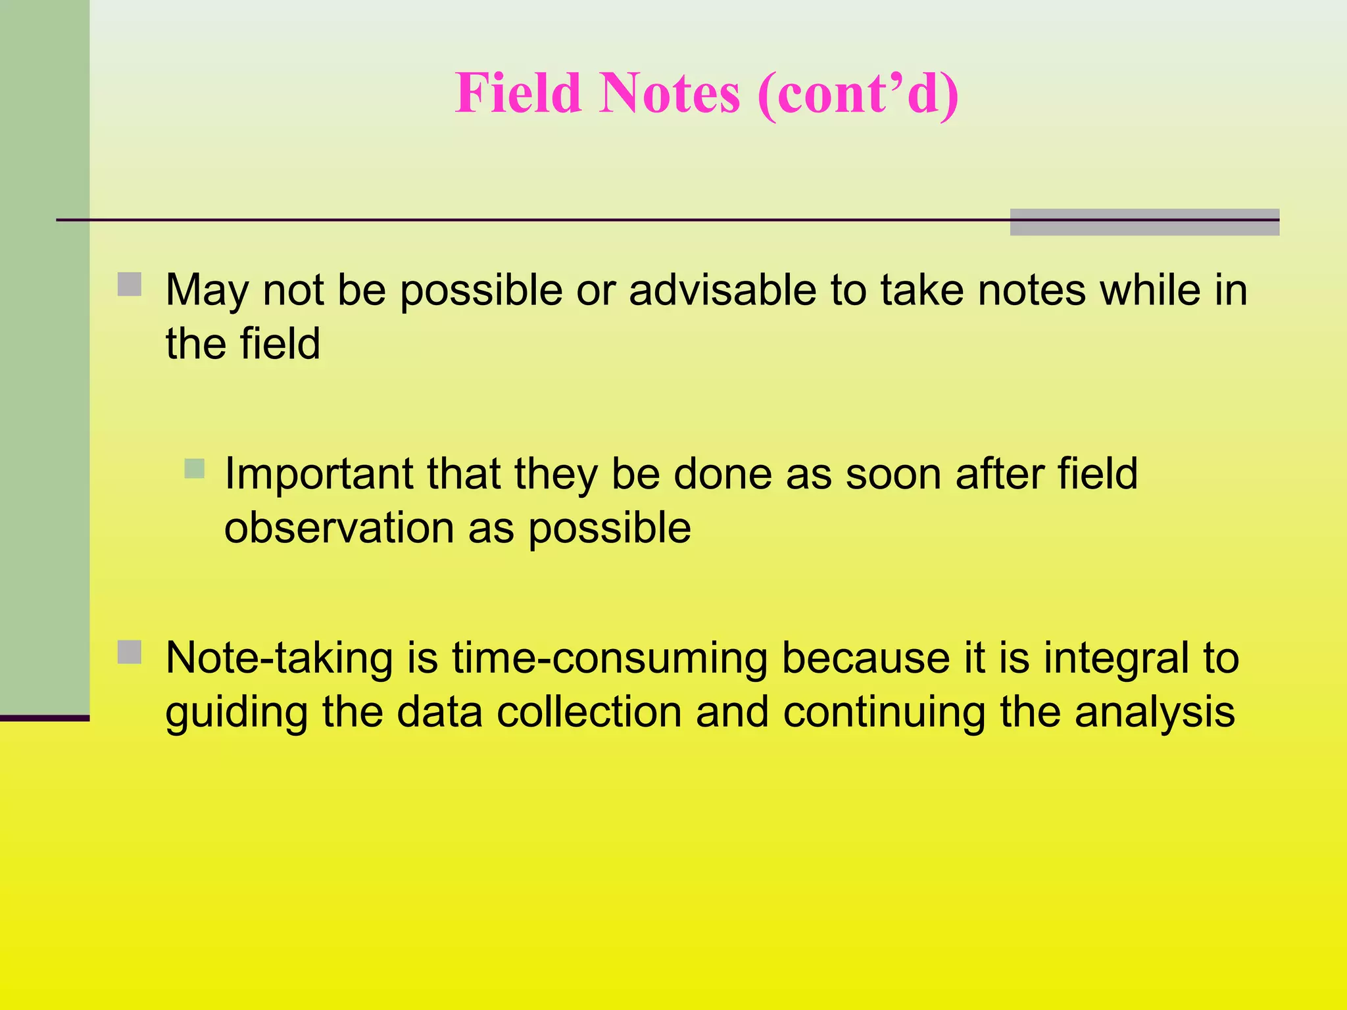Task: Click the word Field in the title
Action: coord(518,93)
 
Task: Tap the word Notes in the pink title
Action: coord(669,93)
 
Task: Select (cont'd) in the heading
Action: coord(858,93)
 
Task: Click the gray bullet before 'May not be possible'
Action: coord(130,285)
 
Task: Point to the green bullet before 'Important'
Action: coord(195,469)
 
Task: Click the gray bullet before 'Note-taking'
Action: coord(130,652)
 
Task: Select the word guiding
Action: coord(236,713)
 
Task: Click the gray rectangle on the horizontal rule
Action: coord(1144,222)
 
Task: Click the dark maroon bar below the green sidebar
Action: coord(44,718)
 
